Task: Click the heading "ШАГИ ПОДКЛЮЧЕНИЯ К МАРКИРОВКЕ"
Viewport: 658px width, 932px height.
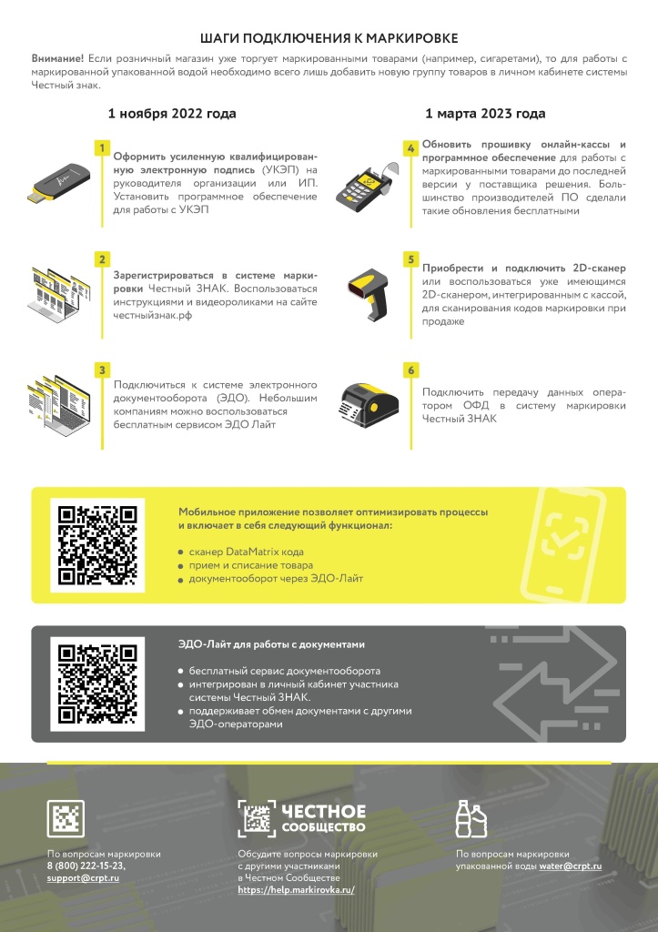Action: tap(329, 38)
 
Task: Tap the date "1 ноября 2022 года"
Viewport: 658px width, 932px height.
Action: tap(172, 114)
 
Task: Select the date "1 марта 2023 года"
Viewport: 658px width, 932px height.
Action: tap(485, 114)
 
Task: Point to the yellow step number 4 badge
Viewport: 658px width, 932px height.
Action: tap(410, 148)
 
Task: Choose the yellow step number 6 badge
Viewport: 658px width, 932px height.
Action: tap(410, 370)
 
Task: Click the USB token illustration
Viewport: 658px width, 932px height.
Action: tap(59, 182)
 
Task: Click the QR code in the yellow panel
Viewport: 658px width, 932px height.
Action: tap(97, 545)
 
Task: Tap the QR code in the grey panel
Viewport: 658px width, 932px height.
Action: tap(97, 684)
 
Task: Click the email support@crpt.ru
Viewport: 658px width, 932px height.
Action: tap(83, 878)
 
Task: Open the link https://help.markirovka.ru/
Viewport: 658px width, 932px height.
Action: tap(296, 890)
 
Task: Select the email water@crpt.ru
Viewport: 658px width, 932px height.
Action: tap(570, 866)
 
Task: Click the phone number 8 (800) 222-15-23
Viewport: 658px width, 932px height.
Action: tap(86, 866)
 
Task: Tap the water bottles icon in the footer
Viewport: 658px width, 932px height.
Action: tap(471, 818)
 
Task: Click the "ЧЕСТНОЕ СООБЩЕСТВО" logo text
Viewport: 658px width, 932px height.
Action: tap(323, 818)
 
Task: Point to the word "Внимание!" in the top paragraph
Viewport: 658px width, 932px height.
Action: tap(57, 59)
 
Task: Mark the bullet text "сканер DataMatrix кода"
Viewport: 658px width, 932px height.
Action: tap(246, 552)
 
